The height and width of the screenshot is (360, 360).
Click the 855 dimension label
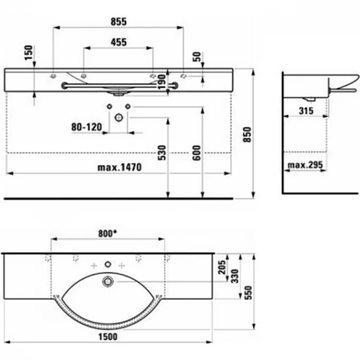(119, 22)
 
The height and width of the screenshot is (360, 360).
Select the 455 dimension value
(119, 42)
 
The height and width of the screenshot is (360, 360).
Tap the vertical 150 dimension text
(29, 52)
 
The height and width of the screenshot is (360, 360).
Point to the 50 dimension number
(197, 57)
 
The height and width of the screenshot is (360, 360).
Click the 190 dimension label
(161, 82)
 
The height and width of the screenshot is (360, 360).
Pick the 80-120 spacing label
(86, 127)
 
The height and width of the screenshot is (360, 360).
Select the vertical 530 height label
(161, 152)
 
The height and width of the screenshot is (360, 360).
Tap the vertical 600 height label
(196, 153)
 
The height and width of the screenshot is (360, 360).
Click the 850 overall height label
(247, 134)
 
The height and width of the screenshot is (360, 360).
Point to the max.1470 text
(120, 167)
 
